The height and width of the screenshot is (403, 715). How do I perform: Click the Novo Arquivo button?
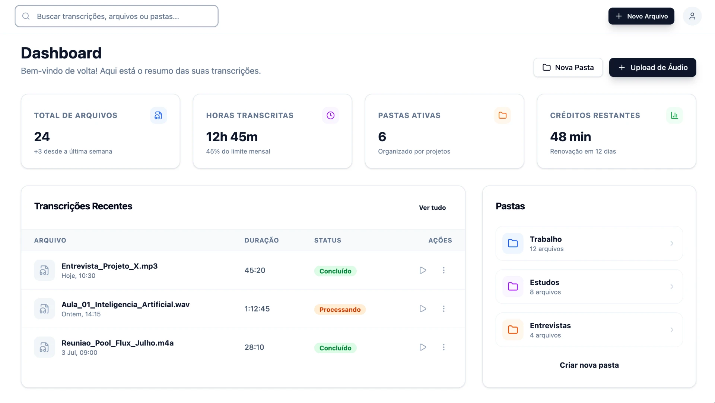[641, 16]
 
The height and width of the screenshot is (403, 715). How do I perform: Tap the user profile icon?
[692, 16]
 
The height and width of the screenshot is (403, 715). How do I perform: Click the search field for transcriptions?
[117, 16]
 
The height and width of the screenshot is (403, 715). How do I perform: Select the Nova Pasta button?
[568, 68]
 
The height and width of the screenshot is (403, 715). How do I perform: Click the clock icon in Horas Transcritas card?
[331, 116]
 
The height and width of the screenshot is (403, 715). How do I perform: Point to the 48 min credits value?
[571, 137]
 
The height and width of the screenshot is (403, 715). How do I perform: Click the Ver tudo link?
[432, 208]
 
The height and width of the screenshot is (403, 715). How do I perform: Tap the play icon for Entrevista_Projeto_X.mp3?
[423, 270]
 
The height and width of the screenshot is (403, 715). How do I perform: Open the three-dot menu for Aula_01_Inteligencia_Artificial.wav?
[444, 309]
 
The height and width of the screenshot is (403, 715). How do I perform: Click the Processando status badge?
[340, 310]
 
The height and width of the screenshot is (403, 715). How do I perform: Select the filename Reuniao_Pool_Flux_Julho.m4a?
[118, 343]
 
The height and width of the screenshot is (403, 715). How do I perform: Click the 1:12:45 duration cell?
[257, 309]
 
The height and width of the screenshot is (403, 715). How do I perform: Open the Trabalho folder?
[589, 244]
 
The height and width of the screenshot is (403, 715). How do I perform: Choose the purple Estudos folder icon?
[513, 287]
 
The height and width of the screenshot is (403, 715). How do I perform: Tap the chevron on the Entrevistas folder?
[672, 330]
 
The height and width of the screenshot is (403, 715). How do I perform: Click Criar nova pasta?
[589, 365]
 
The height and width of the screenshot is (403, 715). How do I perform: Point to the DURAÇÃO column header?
[261, 241]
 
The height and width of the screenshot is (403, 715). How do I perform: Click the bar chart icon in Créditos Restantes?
[674, 116]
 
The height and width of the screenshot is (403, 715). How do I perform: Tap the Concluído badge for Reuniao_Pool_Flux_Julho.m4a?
[336, 348]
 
